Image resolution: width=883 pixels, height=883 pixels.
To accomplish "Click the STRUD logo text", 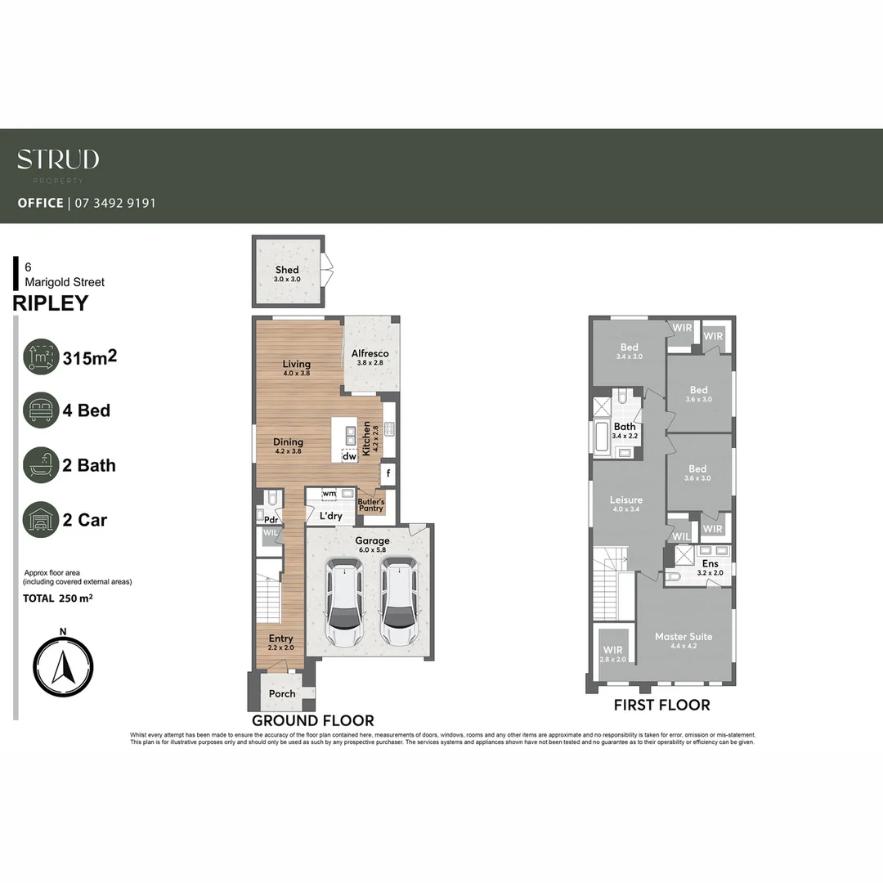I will [58, 159].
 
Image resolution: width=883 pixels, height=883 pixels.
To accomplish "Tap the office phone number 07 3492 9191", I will [114, 203].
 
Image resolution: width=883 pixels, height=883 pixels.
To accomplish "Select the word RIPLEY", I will [51, 304].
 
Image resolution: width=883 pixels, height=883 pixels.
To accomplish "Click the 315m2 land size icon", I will [41, 356].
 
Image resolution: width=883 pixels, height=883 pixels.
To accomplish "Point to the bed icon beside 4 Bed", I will [41, 410].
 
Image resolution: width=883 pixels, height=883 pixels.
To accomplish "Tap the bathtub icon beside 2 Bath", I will [41, 465].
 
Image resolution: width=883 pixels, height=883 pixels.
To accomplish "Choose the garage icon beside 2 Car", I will [41, 520].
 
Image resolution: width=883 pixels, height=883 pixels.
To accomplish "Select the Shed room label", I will [287, 270].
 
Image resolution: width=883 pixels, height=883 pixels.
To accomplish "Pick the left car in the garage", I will [344, 603].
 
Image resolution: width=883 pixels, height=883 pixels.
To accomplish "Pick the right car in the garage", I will [398, 603].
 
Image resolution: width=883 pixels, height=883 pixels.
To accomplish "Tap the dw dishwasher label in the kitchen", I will [349, 457].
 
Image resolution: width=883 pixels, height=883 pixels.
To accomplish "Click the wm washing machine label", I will [329, 494].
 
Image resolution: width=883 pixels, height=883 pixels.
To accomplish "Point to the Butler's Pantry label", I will [372, 504].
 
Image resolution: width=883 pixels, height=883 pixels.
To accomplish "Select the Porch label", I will [282, 694].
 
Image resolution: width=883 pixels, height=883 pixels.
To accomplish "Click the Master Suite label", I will [684, 636].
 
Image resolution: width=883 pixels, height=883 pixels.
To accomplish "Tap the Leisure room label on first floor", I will [626, 500].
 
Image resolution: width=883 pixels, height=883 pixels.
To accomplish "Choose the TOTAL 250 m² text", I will [58, 598].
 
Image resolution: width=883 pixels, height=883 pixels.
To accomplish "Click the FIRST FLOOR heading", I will [661, 705].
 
